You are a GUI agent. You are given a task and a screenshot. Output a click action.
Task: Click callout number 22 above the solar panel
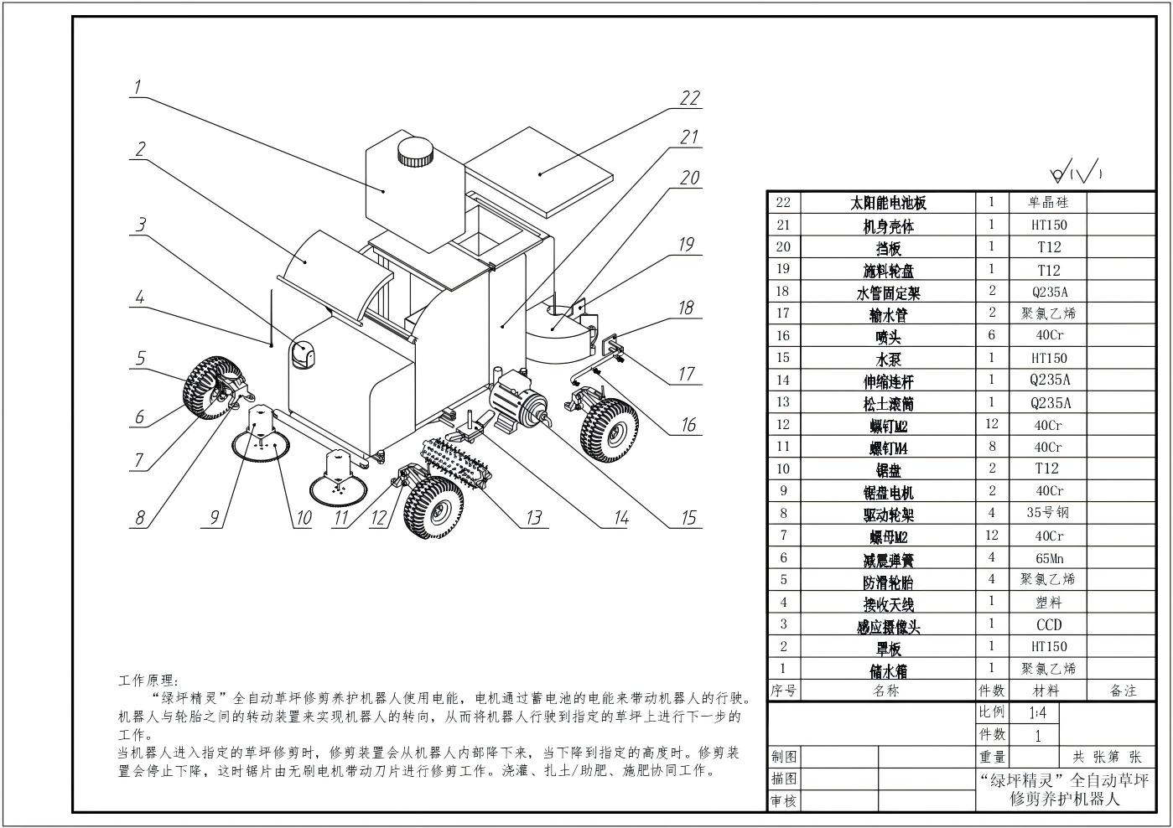tap(689, 98)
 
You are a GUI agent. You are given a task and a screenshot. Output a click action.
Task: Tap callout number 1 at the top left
tap(138, 86)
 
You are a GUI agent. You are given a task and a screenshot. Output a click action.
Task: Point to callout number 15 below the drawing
tap(688, 518)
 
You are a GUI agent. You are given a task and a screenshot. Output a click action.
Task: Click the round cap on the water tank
tap(415, 152)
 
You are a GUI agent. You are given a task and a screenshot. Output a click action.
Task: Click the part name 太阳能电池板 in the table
tap(888, 203)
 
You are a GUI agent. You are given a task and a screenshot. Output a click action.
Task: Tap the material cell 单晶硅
tap(1048, 202)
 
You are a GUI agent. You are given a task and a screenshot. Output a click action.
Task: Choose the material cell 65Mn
tap(1048, 557)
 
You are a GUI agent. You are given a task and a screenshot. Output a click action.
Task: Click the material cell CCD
tap(1048, 624)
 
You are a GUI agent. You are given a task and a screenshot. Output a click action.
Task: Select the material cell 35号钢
tap(1048, 512)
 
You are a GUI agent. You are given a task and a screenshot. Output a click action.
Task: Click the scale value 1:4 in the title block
tap(1037, 713)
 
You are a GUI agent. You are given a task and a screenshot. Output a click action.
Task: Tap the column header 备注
tap(1123, 691)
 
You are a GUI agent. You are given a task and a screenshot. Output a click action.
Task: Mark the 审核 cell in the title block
tap(783, 801)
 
